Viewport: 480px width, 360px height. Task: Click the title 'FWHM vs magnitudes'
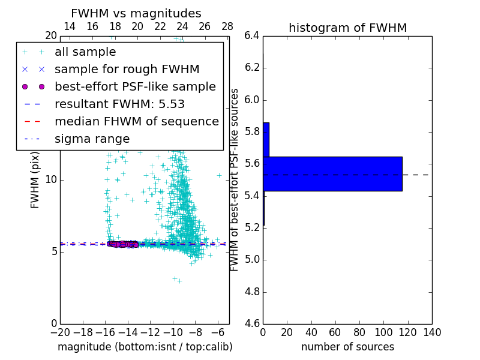coord(136,13)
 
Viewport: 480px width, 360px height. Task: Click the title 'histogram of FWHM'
coord(347,28)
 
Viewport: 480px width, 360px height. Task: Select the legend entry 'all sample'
coord(85,52)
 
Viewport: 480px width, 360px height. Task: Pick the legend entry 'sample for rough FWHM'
coord(127,70)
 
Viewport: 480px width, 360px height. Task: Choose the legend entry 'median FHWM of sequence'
coord(136,121)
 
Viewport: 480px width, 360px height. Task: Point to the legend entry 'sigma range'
coord(92,139)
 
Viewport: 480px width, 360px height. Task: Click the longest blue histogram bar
coord(332,174)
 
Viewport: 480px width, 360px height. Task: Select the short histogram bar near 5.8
coord(266,140)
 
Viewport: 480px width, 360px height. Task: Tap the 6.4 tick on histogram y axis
coord(251,35)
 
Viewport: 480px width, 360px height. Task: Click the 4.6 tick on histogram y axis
coord(251,324)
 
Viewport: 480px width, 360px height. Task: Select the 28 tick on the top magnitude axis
coord(227,26)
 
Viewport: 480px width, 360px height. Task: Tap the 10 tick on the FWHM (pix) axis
coord(50,179)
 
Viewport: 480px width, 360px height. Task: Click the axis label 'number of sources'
coord(347,347)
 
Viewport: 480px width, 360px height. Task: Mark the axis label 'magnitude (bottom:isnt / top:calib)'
coord(145,347)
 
